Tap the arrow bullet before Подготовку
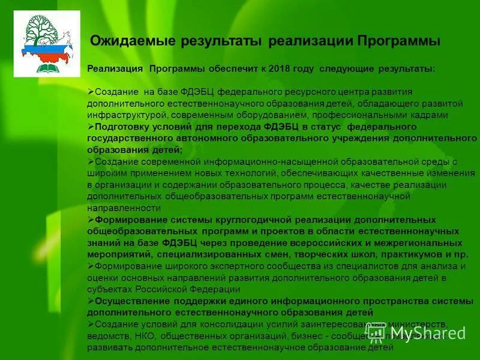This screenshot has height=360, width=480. (x=90, y=127)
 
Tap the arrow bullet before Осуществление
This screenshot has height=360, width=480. (x=90, y=301)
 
